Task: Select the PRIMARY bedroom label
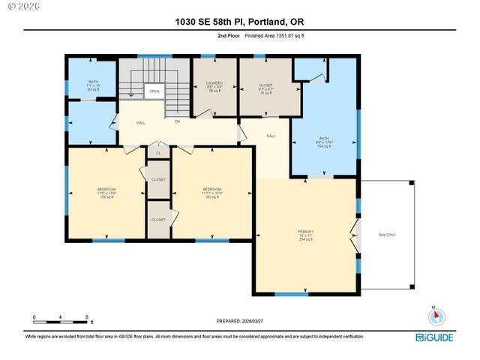[x=304, y=235]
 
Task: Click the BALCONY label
[x=386, y=235]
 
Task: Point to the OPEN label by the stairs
[x=154, y=91]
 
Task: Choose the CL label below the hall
[x=158, y=153]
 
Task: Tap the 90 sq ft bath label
[x=93, y=85]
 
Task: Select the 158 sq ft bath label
[x=324, y=142]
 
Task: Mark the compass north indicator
[x=433, y=316]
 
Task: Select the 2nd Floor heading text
[x=229, y=35]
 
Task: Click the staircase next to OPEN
[x=177, y=94]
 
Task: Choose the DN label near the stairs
[x=178, y=121]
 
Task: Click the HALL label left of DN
[x=141, y=123]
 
